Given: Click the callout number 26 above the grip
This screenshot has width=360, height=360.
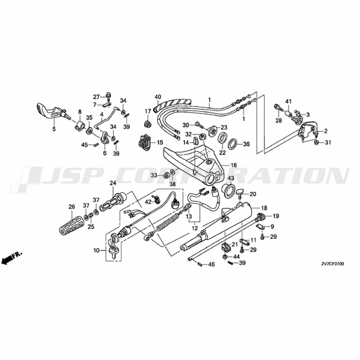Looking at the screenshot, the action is click(x=72, y=207).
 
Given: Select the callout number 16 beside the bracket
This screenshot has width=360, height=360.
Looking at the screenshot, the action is click(x=234, y=165).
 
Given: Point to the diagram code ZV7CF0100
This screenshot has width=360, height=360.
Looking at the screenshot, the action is click(x=333, y=264).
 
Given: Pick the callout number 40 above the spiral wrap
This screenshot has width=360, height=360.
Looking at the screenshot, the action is click(x=158, y=96).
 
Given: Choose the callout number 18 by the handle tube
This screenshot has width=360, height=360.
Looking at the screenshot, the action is click(x=264, y=208).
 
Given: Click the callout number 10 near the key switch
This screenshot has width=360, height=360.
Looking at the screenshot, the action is click(x=96, y=250).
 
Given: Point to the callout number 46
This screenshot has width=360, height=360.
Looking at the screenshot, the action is click(x=211, y=265).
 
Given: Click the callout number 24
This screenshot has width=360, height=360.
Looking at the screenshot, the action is click(x=113, y=183).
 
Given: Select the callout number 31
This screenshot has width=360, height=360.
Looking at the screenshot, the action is click(x=328, y=143).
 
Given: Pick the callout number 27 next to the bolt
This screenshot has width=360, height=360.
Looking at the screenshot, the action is click(x=96, y=97).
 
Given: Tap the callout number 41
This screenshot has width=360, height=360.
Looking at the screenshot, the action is click(x=288, y=101).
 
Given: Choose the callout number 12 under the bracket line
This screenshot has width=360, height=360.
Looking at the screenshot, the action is click(x=195, y=228).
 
